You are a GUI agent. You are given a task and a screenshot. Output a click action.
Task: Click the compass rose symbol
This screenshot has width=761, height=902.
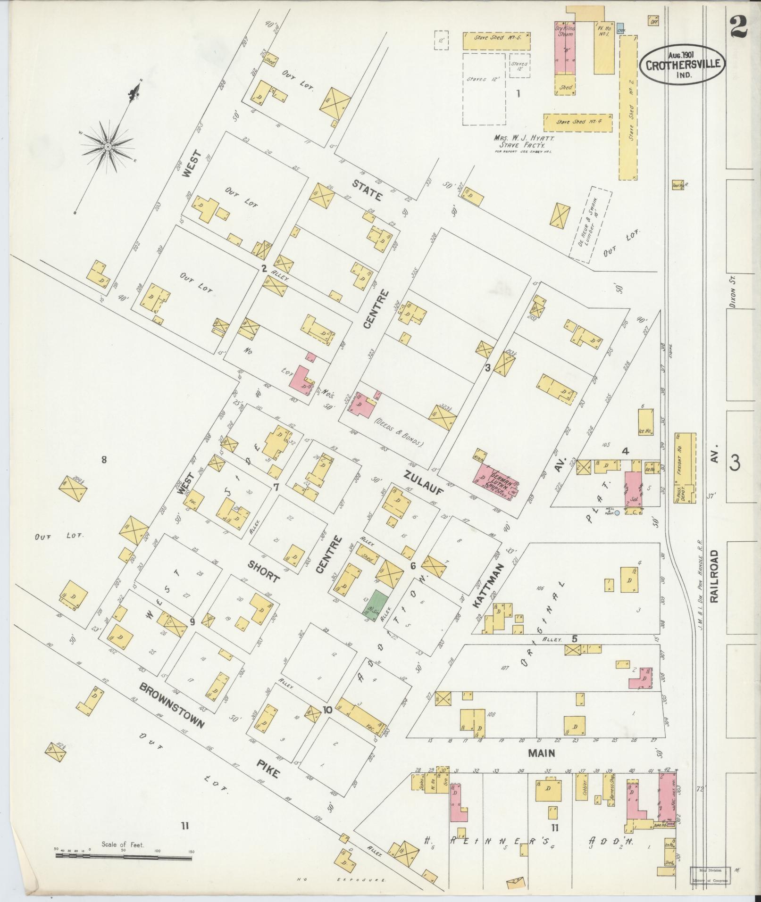[108, 147]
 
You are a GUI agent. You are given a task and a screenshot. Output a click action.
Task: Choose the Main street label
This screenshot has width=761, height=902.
[541, 753]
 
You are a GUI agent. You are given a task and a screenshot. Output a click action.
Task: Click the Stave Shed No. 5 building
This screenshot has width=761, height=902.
[496, 41]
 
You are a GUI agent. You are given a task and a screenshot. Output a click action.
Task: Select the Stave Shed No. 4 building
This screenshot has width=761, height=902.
[577, 122]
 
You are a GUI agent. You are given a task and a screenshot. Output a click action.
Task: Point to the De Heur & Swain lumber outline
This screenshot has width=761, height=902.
[591, 223]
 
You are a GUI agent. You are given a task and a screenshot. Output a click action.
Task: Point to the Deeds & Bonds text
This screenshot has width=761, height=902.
[399, 433]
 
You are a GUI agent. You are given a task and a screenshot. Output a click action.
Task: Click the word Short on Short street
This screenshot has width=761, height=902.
[263, 571]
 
